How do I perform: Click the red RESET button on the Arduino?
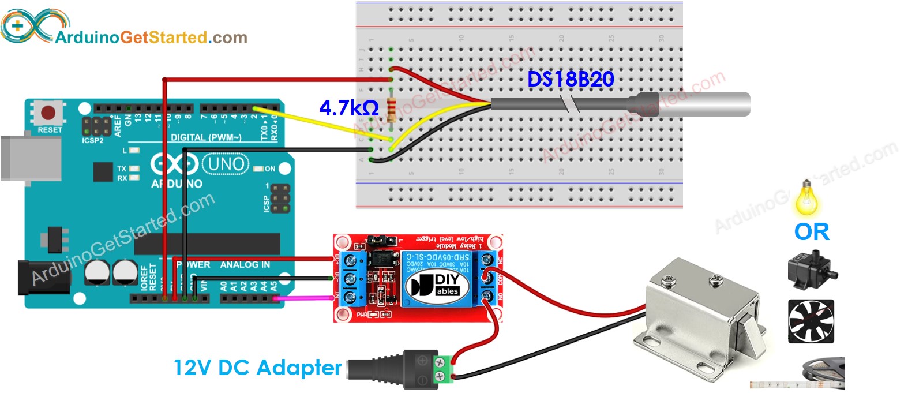tap(48, 113)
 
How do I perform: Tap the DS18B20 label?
tap(571, 80)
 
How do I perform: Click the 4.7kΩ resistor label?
tap(348, 108)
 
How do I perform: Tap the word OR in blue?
tap(811, 232)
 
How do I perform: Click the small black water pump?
tap(811, 269)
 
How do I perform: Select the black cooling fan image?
tap(811, 321)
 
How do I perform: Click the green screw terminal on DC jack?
tap(441, 370)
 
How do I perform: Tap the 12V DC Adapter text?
tap(257, 368)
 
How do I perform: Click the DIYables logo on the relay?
tap(437, 285)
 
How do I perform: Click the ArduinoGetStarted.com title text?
tap(151, 38)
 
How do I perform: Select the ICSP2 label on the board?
tap(92, 140)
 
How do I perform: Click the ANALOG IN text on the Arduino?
tap(245, 265)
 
